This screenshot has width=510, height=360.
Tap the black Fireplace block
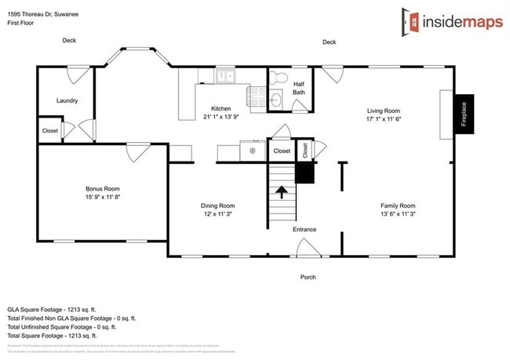tap(464, 115)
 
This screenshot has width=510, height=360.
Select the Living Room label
tap(384, 111)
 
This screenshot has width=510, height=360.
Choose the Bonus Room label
tap(103, 188)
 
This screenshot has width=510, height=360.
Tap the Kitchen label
tap(220, 108)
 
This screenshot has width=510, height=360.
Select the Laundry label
tap(67, 100)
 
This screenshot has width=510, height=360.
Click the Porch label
tap(308, 277)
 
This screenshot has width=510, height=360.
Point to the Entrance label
tap(304, 229)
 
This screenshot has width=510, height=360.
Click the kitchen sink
tap(226, 76)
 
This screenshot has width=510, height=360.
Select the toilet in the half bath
tap(279, 78)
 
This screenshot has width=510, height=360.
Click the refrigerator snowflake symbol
tap(252, 150)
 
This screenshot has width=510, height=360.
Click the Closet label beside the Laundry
tap(49, 131)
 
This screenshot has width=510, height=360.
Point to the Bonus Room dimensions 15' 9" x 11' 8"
tap(103, 197)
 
